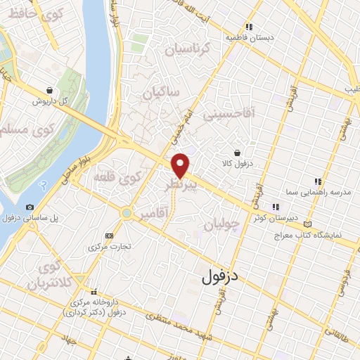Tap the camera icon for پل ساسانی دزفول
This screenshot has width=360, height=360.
tap(30, 207)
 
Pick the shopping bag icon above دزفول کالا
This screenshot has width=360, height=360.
tap(238, 152)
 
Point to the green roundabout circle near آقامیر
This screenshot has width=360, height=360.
tap(127, 212)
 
